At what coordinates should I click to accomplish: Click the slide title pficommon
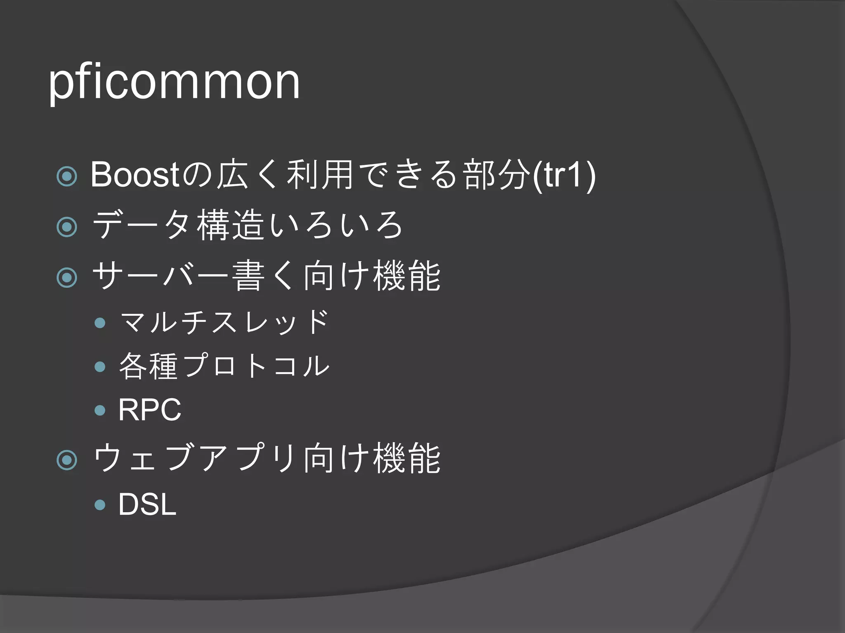[174, 82]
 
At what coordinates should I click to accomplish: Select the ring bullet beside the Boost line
[67, 176]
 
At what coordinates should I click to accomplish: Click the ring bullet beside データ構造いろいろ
[67, 227]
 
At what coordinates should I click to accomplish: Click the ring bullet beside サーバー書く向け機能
[67, 277]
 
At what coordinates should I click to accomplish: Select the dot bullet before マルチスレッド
[100, 322]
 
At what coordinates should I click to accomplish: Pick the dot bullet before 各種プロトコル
[100, 366]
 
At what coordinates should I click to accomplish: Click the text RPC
[150, 410]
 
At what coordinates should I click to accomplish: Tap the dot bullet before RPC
[100, 410]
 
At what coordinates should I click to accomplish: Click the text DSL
[147, 504]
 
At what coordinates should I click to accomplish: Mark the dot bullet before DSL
[100, 504]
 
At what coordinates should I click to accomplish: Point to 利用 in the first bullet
[320, 175]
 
